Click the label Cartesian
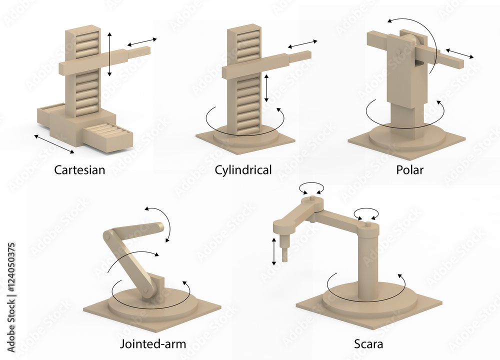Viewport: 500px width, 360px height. click(79, 169)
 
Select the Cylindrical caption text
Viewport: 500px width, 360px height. click(243, 169)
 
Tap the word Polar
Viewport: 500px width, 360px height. click(409, 169)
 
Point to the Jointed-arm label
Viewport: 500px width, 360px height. click(152, 343)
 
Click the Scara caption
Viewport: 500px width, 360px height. click(368, 343)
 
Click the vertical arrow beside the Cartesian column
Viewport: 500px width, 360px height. click(109, 53)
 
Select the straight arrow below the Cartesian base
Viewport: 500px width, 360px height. click(54, 143)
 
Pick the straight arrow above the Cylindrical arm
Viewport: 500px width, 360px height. click(302, 44)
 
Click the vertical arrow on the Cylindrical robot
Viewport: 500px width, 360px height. click(266, 87)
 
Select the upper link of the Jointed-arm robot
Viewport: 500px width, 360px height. click(135, 231)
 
